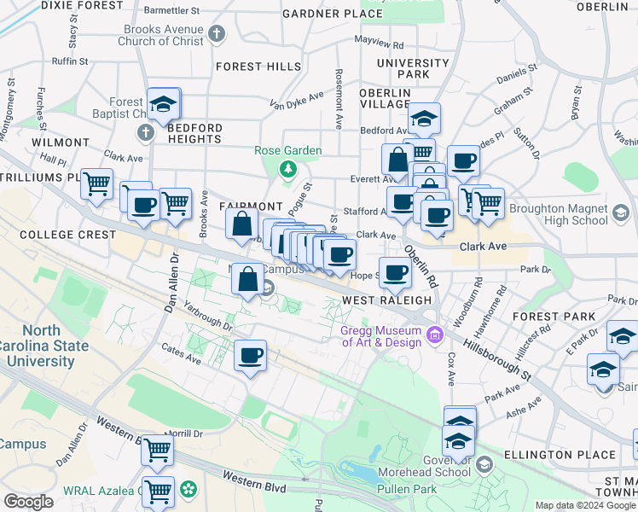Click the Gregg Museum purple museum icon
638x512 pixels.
pyautogui.click(x=435, y=333)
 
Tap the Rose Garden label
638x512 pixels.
pyautogui.click(x=288, y=151)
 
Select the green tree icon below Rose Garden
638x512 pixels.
pyautogui.click(x=288, y=168)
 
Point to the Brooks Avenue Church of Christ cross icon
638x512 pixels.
pyautogui.click(x=217, y=35)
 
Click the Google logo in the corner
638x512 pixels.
pyautogui.click(x=29, y=501)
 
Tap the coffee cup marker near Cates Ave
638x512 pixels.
pyautogui.click(x=250, y=356)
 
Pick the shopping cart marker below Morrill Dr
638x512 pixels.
pyautogui.click(x=157, y=450)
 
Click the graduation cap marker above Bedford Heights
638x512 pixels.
pyautogui.click(x=163, y=104)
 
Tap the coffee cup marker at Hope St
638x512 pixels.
pyautogui.click(x=395, y=273)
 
